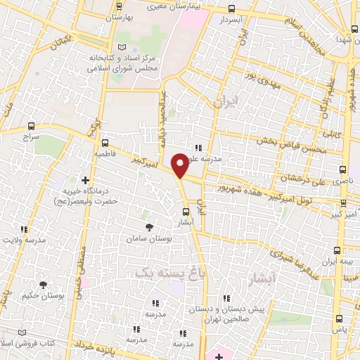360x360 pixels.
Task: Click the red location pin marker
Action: click(181, 165)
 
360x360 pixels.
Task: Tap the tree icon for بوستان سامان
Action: click(148, 226)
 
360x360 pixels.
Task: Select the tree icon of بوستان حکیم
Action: click(44, 284)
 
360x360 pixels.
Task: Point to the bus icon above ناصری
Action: click(343, 169)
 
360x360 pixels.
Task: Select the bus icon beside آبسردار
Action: click(233, 9)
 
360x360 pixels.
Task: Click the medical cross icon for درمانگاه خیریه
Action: click(86, 181)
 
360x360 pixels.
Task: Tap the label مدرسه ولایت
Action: click(26, 240)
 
